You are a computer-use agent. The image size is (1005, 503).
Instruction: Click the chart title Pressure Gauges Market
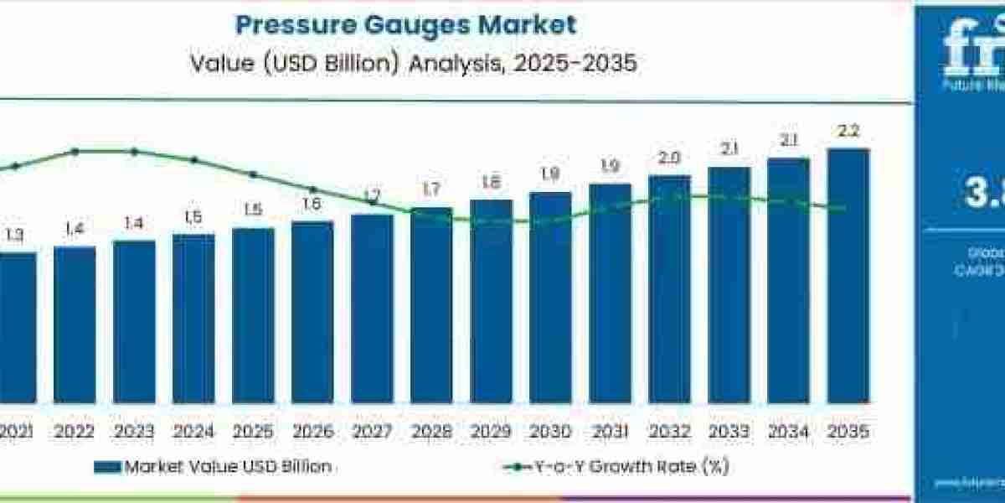pyautogui.click(x=405, y=24)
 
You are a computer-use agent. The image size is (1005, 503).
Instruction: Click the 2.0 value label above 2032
pyautogui.click(x=669, y=158)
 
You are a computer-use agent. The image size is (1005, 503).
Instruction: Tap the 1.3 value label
pyautogui.click(x=14, y=236)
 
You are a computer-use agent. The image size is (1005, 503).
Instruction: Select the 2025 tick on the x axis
pyautogui.click(x=253, y=432)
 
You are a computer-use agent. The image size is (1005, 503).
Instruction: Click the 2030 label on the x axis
pyautogui.click(x=550, y=432)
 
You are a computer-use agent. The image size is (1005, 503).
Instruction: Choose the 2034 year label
pyautogui.click(x=788, y=432)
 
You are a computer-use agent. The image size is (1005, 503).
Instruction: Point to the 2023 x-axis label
pyautogui.click(x=134, y=432)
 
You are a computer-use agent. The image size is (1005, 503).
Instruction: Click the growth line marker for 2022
pyautogui.click(x=75, y=152)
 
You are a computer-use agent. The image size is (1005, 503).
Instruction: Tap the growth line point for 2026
pyautogui.click(x=312, y=189)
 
